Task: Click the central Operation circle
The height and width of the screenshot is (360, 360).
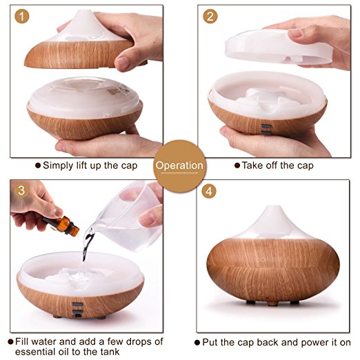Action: pos(179,166)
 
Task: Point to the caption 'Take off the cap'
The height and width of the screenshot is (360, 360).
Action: pos(274,166)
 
